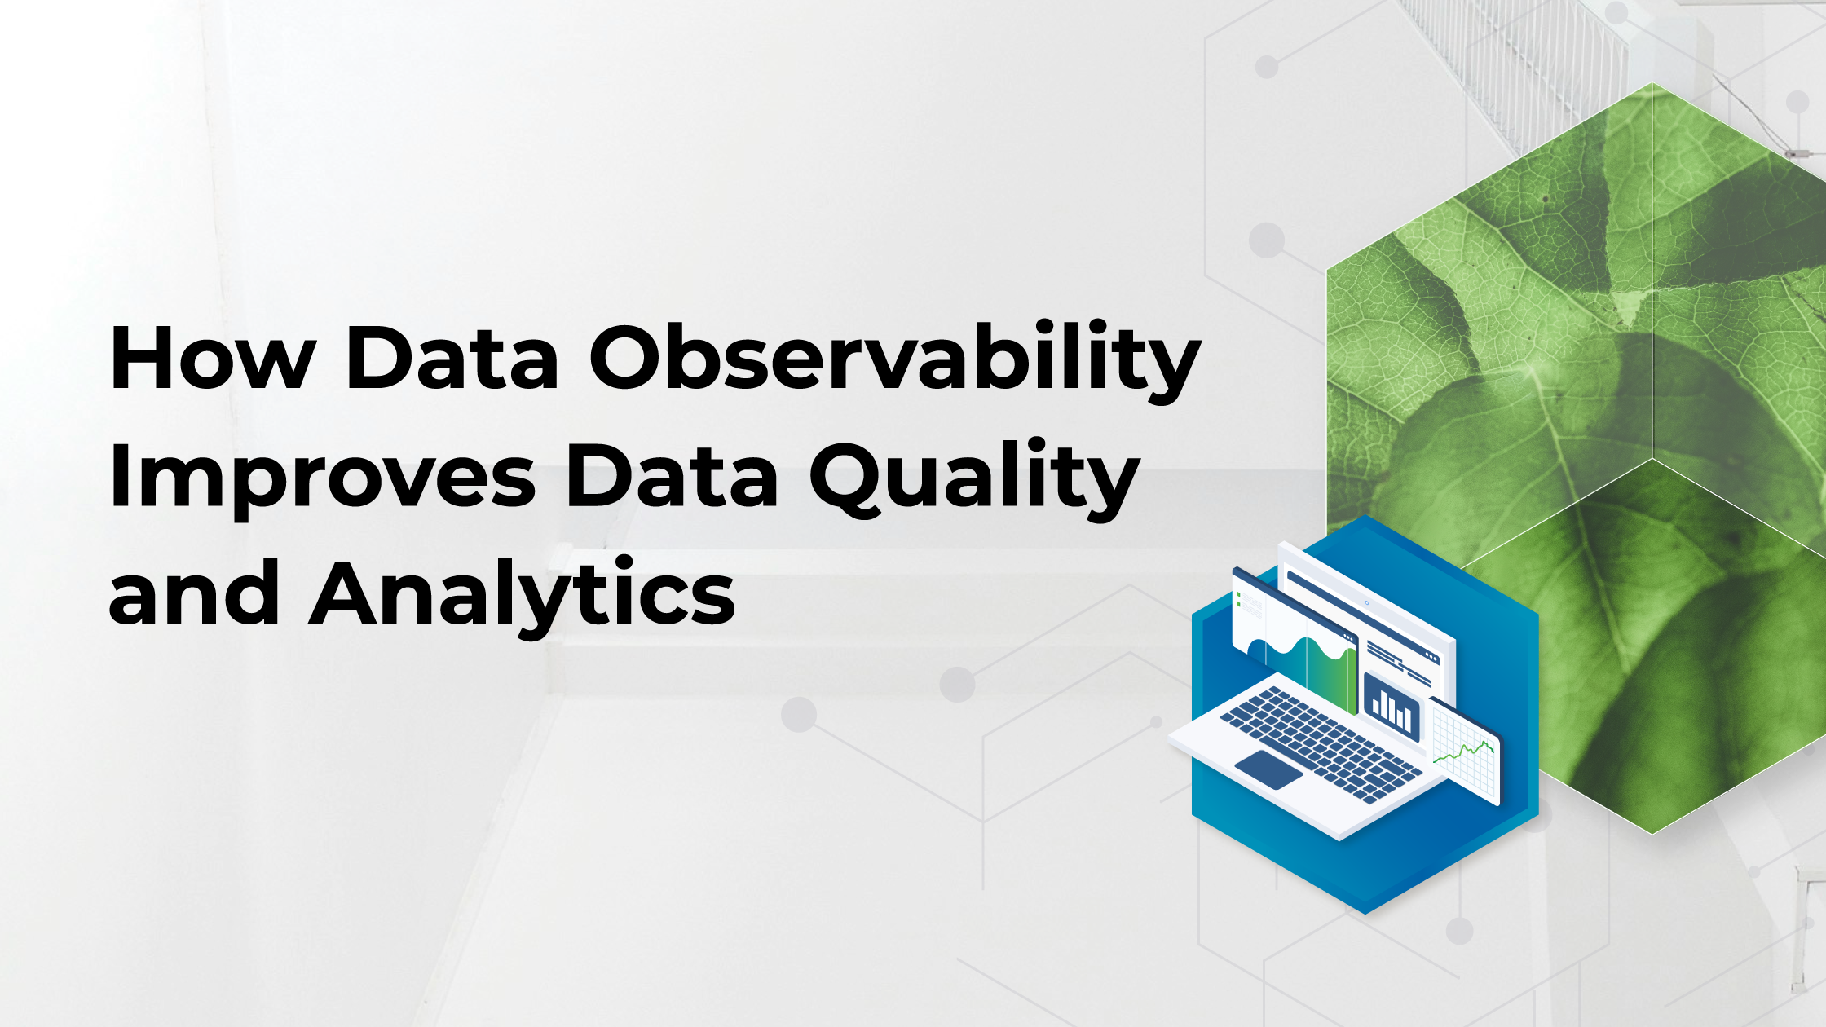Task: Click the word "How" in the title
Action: pos(212,359)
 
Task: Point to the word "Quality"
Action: pos(973,478)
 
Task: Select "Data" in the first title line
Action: pos(452,359)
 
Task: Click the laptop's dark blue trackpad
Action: pos(1268,769)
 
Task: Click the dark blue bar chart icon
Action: pos(1392,707)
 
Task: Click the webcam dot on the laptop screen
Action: pos(1366,602)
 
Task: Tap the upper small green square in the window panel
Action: pos(1238,596)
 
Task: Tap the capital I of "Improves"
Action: pos(119,478)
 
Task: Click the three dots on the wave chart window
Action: pos(1347,637)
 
